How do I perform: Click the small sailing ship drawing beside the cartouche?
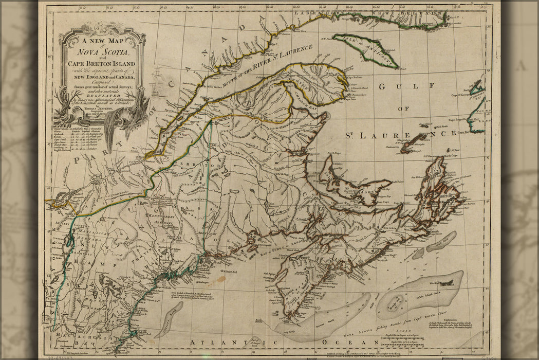point(157,83)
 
